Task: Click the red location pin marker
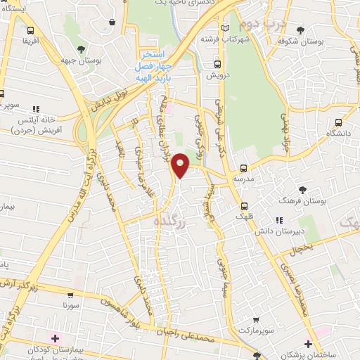pyautogui.click(x=181, y=165)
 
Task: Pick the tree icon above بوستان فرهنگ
pyautogui.click(x=303, y=190)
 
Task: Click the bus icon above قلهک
pyautogui.click(x=244, y=206)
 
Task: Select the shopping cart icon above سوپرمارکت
pyautogui.click(x=256, y=318)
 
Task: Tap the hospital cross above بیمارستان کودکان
pyautogui.click(x=54, y=340)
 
